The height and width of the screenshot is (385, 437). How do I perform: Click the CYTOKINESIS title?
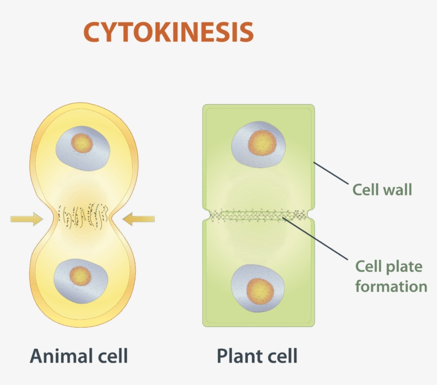tap(168, 32)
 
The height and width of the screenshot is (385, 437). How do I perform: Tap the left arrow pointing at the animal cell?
tap(27, 218)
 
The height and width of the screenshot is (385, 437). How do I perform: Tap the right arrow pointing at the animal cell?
tap(138, 218)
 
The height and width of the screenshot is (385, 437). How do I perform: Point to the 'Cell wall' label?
tap(382, 189)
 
